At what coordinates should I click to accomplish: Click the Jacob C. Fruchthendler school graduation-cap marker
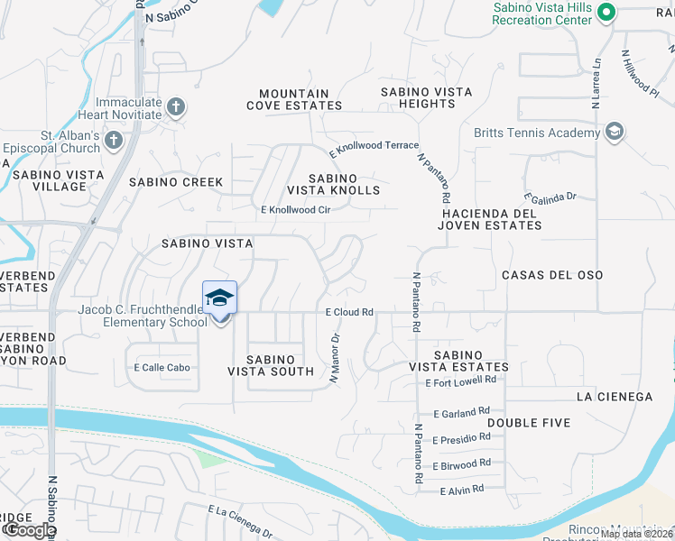click(x=220, y=298)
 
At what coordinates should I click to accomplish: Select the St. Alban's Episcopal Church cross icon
click(x=113, y=141)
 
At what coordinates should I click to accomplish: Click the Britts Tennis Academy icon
click(x=615, y=133)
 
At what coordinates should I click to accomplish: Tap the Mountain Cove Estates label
click(x=294, y=99)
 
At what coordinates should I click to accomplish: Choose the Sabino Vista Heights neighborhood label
click(x=418, y=98)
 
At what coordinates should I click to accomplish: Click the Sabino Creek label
click(x=176, y=182)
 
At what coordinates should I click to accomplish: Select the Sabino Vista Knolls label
click(x=333, y=184)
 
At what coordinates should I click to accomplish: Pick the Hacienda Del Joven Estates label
click(x=490, y=219)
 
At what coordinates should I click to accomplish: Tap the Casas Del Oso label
click(x=551, y=275)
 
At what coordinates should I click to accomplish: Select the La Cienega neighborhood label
click(x=614, y=397)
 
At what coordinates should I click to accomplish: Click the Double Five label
click(x=529, y=423)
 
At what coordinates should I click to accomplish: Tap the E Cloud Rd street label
click(x=349, y=312)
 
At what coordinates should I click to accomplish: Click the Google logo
click(x=30, y=530)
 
